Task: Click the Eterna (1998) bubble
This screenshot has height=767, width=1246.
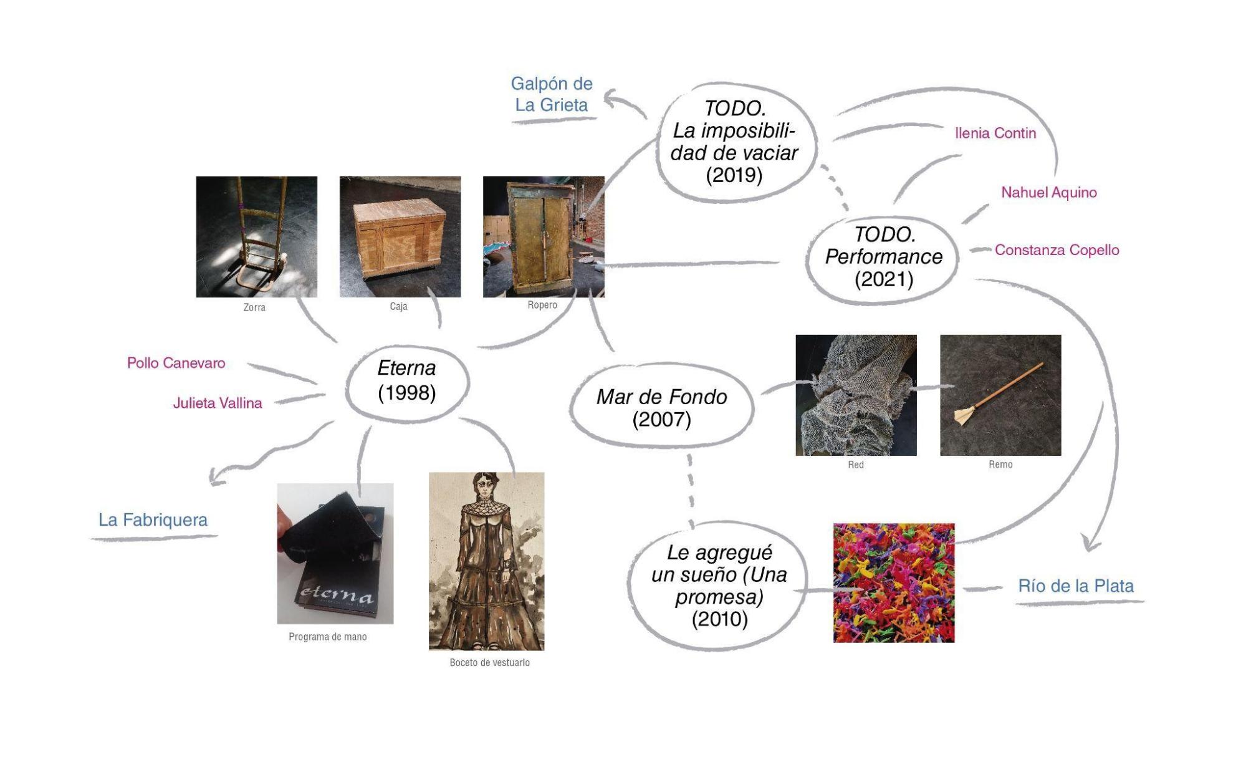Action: pyautogui.click(x=406, y=380)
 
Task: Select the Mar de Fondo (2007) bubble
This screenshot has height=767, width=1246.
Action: pyautogui.click(x=661, y=408)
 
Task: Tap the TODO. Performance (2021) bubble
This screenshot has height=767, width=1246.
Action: pyautogui.click(x=883, y=257)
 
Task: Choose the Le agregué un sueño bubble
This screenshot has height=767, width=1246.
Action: pyautogui.click(x=719, y=586)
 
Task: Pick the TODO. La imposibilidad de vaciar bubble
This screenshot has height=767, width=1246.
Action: pyautogui.click(x=734, y=142)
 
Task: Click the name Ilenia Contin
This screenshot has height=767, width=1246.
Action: pyautogui.click(x=995, y=133)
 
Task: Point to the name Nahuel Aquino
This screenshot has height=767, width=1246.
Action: pyautogui.click(x=1048, y=193)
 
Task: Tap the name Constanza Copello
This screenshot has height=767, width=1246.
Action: pyautogui.click(x=1057, y=250)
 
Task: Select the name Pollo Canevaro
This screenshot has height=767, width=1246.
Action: pyautogui.click(x=176, y=363)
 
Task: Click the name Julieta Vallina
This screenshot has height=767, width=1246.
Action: pyautogui.click(x=217, y=403)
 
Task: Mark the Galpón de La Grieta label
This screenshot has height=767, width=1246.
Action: pyautogui.click(x=552, y=94)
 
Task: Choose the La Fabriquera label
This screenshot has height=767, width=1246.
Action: pyautogui.click(x=153, y=520)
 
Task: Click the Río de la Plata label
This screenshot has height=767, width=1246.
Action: pyautogui.click(x=1075, y=586)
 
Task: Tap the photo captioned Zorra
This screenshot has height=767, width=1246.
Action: pyautogui.click(x=256, y=236)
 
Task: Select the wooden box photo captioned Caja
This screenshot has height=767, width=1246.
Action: pyautogui.click(x=400, y=236)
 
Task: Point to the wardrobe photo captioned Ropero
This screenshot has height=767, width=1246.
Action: pyautogui.click(x=543, y=236)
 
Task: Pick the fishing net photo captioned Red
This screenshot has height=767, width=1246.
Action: pyautogui.click(x=856, y=395)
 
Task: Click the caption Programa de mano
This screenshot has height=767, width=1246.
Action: pyautogui.click(x=327, y=637)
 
